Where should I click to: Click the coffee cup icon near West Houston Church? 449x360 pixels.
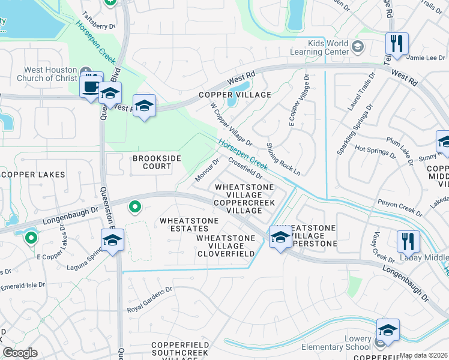pos(91,85)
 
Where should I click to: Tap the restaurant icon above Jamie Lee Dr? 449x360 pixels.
pos(397,43)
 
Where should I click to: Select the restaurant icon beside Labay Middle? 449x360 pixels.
pos(408,241)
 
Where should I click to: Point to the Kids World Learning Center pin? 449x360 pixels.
pos(358,46)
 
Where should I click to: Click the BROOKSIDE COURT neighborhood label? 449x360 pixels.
pos(152,162)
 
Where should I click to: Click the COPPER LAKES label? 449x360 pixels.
pos(34,175)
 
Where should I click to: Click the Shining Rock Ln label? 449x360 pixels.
pos(283,158)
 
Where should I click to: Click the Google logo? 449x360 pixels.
pos(20,353)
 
